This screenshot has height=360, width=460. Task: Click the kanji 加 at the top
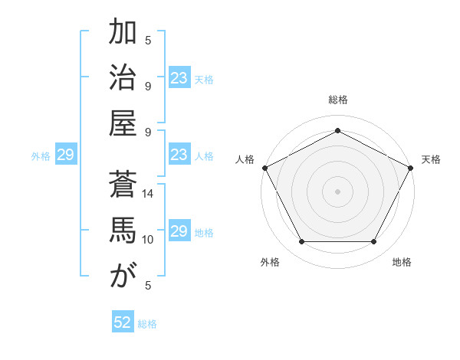click(x=123, y=34)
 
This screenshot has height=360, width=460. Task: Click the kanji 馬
click(x=123, y=231)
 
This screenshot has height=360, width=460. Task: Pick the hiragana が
click(x=123, y=276)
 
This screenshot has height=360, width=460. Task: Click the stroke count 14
click(x=148, y=194)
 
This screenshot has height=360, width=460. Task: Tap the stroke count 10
click(x=148, y=239)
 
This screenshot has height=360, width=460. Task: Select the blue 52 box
click(x=123, y=323)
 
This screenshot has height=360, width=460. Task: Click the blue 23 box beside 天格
click(x=179, y=78)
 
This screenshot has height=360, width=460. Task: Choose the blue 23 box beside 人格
click(x=179, y=155)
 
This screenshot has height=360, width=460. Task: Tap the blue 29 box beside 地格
click(x=179, y=231)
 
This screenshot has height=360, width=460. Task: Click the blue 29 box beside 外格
click(x=65, y=155)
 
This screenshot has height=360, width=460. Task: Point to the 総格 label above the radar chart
click(x=337, y=100)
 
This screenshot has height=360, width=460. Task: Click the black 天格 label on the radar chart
click(x=431, y=159)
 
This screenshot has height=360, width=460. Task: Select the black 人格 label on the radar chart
click(x=245, y=159)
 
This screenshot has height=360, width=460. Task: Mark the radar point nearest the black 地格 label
click(x=374, y=242)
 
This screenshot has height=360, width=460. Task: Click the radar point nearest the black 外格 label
click(x=301, y=242)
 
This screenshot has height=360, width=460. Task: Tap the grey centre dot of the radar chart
click(x=337, y=191)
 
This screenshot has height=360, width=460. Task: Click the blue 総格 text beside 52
click(x=147, y=324)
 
